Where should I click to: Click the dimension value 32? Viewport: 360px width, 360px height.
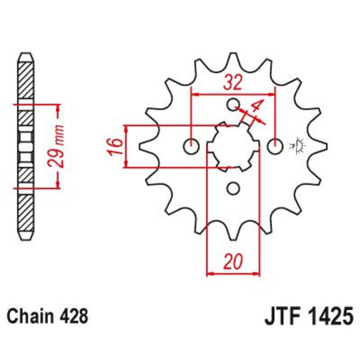coord(232,84)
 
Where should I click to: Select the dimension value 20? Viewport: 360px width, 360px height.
coord(232,262)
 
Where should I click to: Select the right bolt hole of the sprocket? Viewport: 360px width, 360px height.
coord(273,145)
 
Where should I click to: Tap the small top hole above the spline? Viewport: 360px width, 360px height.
coord(233,105)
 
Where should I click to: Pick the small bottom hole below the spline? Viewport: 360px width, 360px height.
coord(233,188)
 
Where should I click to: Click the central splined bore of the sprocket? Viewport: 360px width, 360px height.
coord(233,145)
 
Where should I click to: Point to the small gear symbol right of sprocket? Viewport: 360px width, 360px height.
coord(295,145)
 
